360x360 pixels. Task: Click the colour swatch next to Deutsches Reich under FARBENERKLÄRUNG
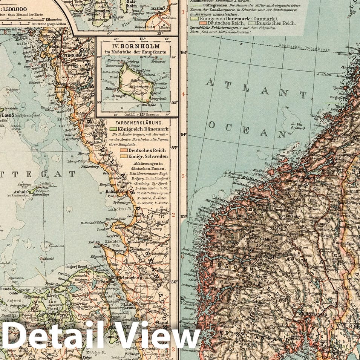123,150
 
